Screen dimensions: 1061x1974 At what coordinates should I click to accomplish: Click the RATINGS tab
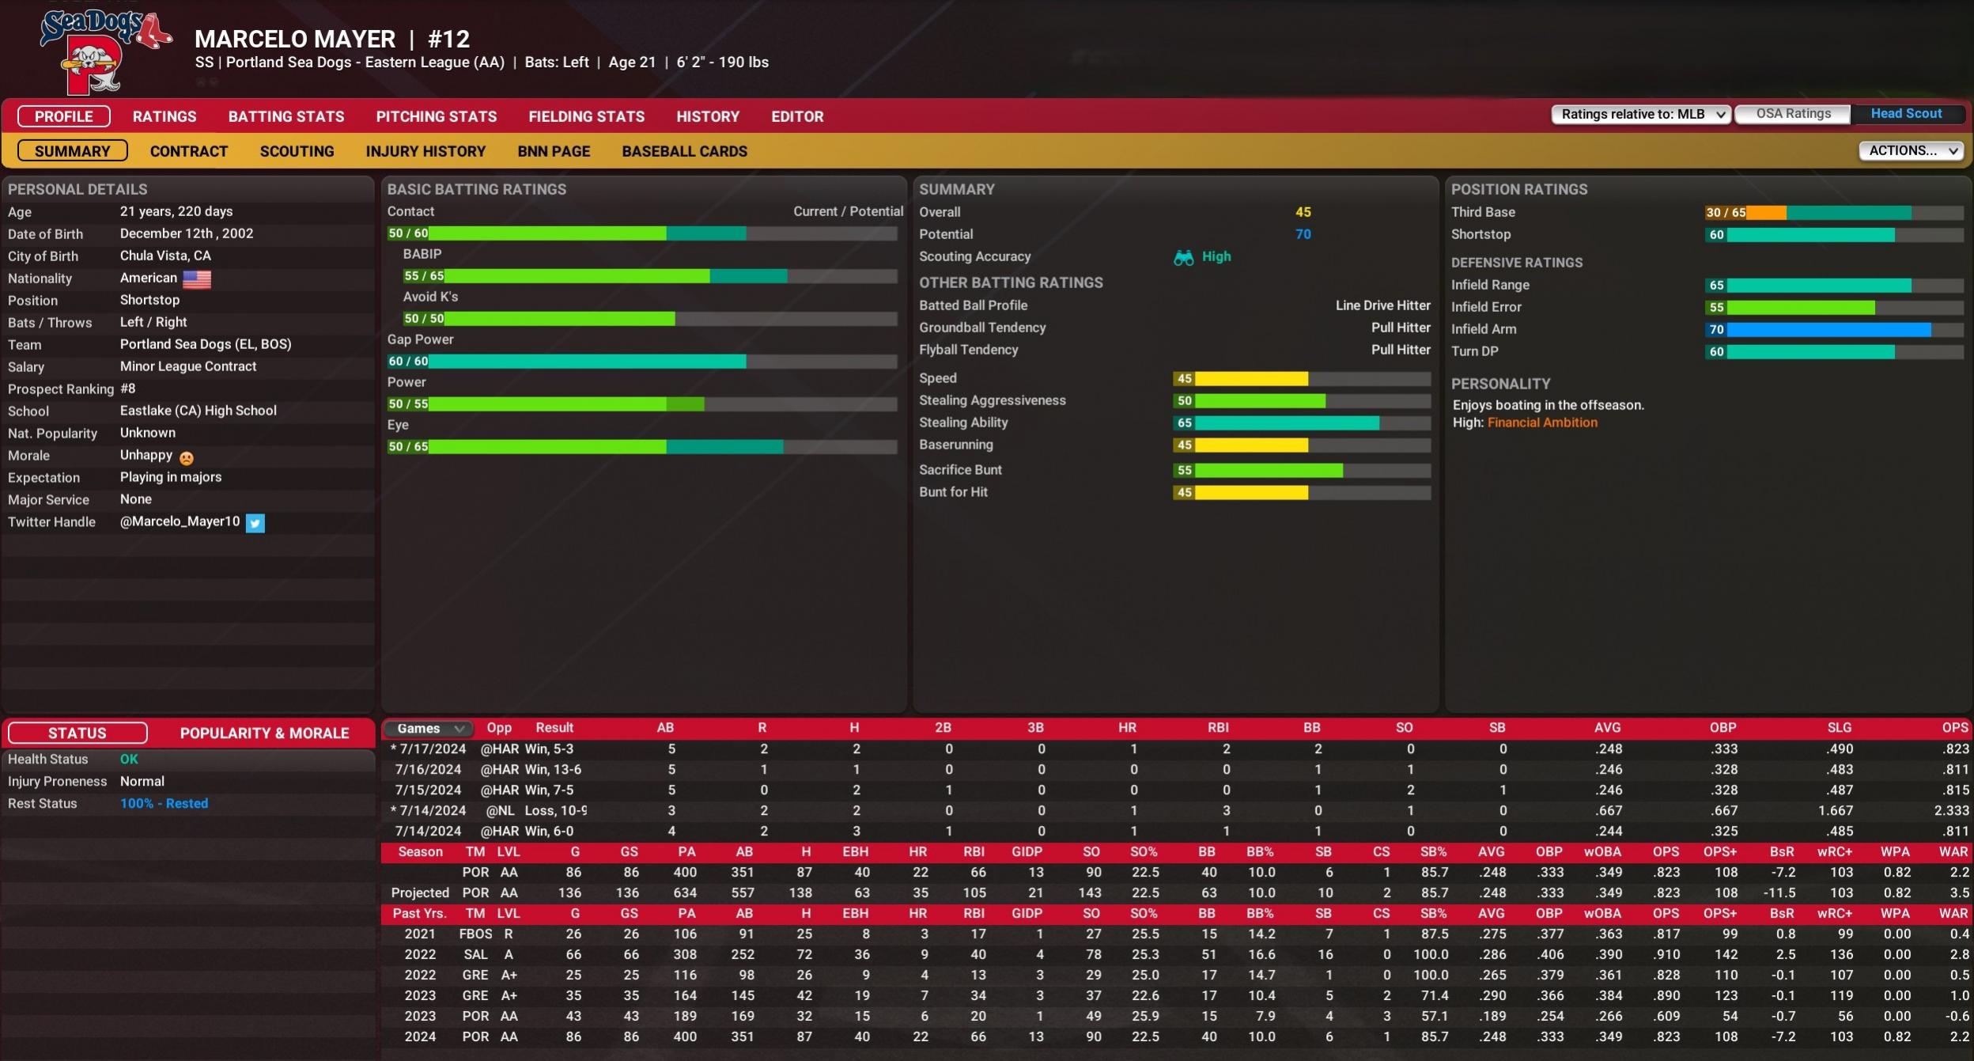click(x=164, y=116)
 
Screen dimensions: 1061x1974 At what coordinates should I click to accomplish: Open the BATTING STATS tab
click(x=286, y=116)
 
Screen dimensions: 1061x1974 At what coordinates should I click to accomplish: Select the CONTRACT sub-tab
click(x=188, y=151)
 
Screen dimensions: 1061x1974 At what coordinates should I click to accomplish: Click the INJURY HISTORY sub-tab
click(x=425, y=151)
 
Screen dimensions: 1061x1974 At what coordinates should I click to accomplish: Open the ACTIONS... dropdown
click(x=1910, y=150)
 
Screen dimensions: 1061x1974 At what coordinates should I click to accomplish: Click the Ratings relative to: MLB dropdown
click(x=1641, y=114)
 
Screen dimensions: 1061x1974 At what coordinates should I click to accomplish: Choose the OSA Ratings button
click(x=1792, y=114)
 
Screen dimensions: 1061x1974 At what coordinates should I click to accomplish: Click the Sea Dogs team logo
click(x=103, y=51)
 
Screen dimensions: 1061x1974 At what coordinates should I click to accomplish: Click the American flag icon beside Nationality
click(x=197, y=279)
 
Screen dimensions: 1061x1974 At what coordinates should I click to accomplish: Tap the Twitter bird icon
click(x=255, y=522)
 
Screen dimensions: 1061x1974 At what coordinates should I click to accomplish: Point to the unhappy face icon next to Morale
click(x=187, y=457)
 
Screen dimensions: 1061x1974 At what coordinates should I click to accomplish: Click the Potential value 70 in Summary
click(x=1303, y=234)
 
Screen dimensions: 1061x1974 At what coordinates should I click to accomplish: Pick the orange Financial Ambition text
click(x=1541, y=423)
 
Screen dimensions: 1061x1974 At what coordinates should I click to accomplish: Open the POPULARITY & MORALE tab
click(x=264, y=733)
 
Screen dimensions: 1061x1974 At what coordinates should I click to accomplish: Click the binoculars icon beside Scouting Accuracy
click(x=1183, y=257)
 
